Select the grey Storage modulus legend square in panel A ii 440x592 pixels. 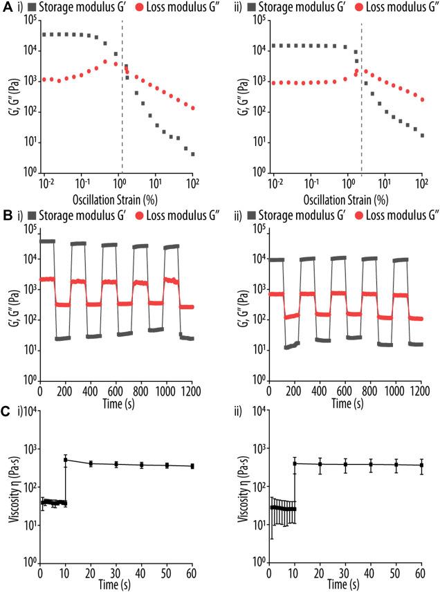point(262,8)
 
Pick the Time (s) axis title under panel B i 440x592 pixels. point(117,403)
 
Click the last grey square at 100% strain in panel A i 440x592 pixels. point(192,154)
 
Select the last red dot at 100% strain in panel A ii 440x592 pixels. point(421,100)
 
